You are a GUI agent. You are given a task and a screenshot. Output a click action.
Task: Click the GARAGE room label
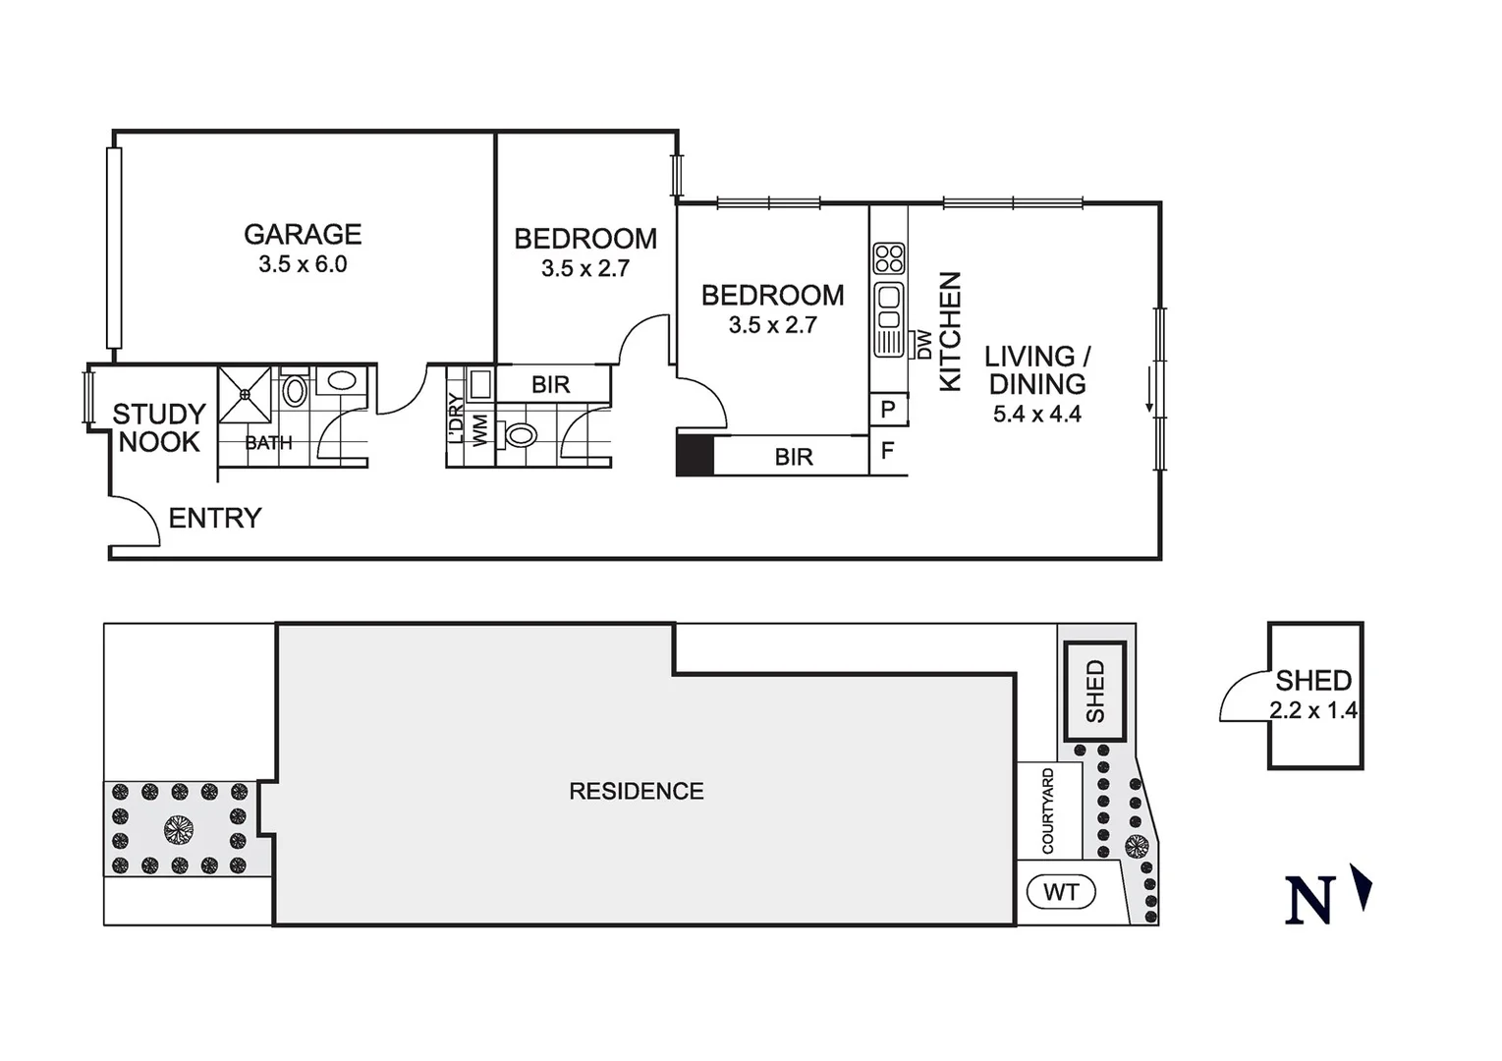[303, 234]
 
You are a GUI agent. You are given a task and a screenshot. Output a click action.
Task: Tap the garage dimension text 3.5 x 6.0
[303, 264]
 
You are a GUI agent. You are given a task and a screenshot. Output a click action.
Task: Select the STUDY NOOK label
[158, 428]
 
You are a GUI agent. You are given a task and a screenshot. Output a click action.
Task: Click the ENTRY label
[215, 518]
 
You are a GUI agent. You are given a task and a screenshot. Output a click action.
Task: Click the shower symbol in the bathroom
[245, 395]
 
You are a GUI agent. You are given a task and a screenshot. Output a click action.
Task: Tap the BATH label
[268, 443]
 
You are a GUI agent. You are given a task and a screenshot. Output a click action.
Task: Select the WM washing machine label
[480, 430]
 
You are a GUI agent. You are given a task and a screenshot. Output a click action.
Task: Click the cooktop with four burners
[889, 258]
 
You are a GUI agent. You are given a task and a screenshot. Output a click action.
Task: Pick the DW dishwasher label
[924, 344]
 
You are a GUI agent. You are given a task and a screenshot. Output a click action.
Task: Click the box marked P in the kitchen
[888, 410]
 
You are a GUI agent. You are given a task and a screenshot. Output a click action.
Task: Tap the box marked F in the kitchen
[888, 451]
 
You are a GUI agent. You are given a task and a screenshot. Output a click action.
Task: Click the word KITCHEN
[950, 331]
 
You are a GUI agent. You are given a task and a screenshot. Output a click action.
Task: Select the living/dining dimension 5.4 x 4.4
[1036, 415]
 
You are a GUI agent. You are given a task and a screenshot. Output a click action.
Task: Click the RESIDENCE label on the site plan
[637, 791]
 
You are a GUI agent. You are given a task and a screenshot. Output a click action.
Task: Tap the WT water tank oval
[1061, 892]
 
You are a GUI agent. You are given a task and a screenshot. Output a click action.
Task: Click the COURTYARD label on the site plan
[1048, 811]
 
